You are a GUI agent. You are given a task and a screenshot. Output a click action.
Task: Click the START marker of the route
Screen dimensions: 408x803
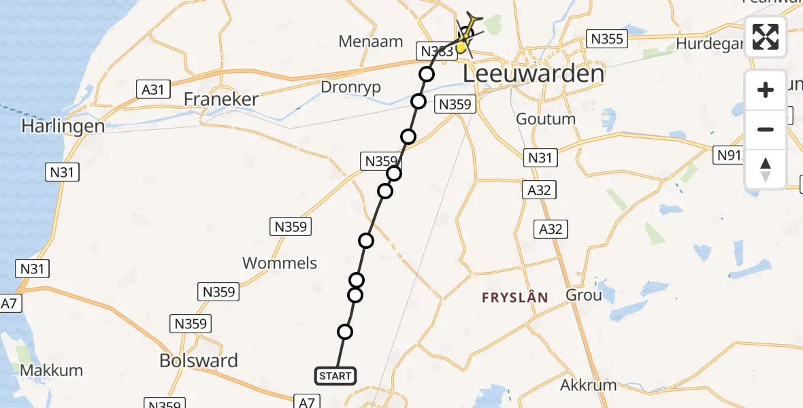(335, 375)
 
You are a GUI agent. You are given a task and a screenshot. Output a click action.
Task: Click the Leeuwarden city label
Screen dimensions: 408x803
(533, 73)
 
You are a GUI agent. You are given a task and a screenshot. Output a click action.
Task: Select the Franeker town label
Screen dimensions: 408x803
(221, 99)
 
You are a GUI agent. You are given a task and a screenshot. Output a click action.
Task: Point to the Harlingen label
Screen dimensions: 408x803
(63, 126)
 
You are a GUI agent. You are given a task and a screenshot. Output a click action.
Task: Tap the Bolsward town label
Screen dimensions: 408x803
(199, 360)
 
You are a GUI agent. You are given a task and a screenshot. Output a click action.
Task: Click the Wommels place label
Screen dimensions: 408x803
(280, 263)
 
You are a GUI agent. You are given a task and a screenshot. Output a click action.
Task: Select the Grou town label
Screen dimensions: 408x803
(584, 295)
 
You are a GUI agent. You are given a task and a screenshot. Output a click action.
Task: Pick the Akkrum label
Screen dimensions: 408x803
(588, 385)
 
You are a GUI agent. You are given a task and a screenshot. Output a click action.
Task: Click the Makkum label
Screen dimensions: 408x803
(52, 371)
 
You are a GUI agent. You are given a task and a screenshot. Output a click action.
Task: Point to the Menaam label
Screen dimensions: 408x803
(371, 42)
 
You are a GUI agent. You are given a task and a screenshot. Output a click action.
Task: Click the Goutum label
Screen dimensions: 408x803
(546, 119)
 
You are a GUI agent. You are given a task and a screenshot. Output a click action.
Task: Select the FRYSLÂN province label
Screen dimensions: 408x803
(514, 297)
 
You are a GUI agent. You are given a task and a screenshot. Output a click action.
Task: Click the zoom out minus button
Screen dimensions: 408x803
(766, 129)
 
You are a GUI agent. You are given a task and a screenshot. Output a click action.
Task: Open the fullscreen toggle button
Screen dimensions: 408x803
(766, 37)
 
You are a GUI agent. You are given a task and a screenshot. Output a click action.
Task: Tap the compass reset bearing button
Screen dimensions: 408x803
(766, 169)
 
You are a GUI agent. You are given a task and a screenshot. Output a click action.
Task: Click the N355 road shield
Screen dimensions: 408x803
(606, 39)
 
